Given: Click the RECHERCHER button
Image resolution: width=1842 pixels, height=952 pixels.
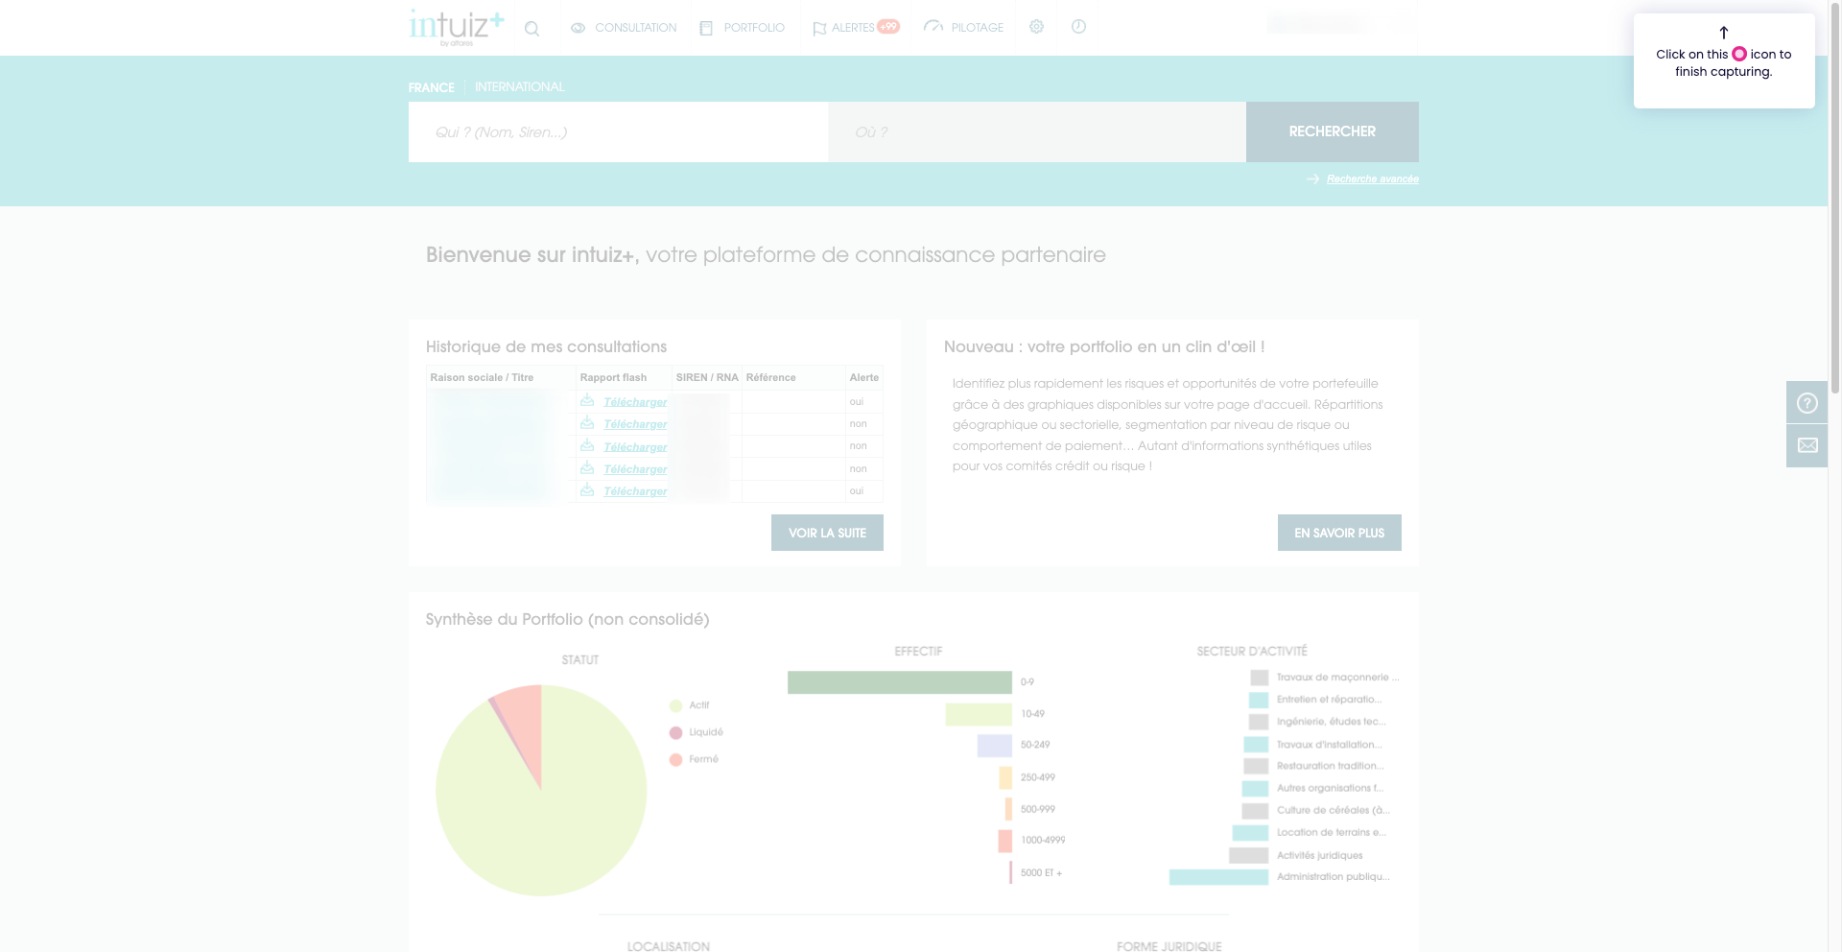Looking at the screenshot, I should [x=1332, y=131].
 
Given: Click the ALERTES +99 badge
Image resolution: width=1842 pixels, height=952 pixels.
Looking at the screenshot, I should [x=888, y=27].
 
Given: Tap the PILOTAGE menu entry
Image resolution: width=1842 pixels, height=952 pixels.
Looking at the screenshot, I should [x=964, y=28].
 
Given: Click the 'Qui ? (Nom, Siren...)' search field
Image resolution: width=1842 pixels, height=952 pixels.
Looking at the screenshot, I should [x=617, y=131].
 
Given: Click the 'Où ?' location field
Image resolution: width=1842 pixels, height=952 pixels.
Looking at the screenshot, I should [x=1036, y=131].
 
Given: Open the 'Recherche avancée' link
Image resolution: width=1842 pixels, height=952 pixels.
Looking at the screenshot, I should [x=1372, y=179].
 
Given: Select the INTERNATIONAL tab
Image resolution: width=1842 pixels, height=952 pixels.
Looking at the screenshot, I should [x=519, y=87].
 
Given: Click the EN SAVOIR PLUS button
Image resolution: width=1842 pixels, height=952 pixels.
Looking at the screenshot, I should [x=1339, y=533].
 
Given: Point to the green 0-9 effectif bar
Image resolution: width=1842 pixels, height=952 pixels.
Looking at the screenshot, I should [x=899, y=682].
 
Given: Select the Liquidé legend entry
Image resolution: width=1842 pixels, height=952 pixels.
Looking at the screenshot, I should [x=705, y=732].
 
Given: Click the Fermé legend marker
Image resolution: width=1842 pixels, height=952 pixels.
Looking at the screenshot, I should [x=675, y=759].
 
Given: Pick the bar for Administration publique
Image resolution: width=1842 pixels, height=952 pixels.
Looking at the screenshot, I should [x=1218, y=877].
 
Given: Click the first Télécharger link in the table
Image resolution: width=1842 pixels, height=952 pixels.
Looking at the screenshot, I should [x=635, y=402].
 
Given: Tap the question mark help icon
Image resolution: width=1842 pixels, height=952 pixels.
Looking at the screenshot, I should [x=1807, y=403].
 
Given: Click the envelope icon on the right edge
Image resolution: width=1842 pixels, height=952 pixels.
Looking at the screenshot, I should [x=1807, y=445].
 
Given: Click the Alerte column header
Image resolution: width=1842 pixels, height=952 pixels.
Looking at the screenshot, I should [x=863, y=378].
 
